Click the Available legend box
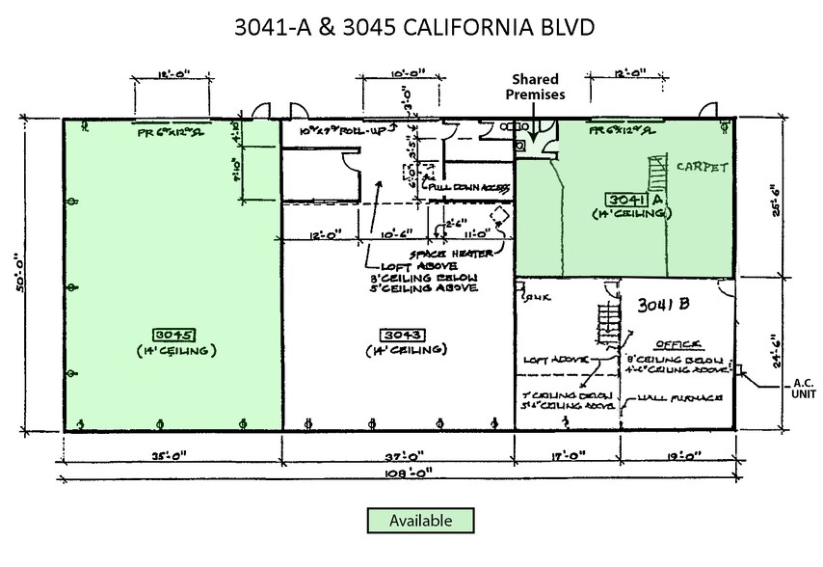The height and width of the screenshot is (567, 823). click(x=421, y=520)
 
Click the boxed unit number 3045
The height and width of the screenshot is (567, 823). click(x=175, y=335)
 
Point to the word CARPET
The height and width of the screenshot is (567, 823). click(x=702, y=166)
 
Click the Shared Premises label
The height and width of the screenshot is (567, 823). click(x=538, y=87)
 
